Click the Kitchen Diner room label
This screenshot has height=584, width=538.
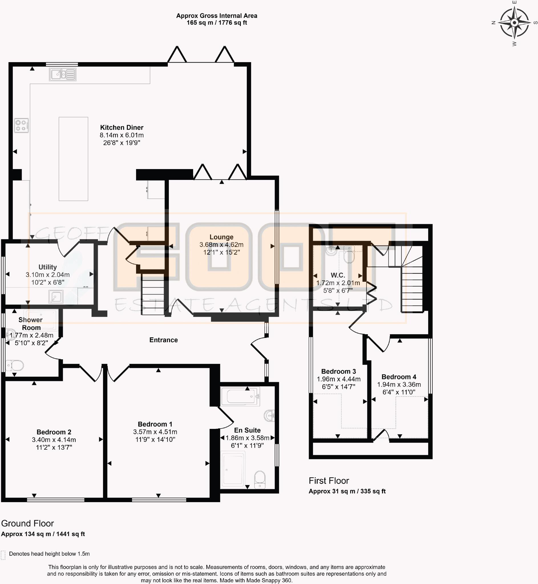coord(122,127)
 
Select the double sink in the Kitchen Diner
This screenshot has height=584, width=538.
coord(62,74)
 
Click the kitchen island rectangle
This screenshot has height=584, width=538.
coord(73,159)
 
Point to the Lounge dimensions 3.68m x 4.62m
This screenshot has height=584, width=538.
coord(221,245)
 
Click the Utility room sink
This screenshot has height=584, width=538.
coord(56,297)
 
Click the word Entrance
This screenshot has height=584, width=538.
coord(163,340)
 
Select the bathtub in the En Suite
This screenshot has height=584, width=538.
coord(240,396)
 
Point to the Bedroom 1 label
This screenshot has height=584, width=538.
coord(155,424)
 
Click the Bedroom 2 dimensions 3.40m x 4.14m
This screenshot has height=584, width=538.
coord(54,440)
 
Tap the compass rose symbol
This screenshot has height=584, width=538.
coord(514,23)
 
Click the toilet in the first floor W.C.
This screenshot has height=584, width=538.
coord(349,255)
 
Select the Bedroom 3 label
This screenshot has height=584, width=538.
coord(338,371)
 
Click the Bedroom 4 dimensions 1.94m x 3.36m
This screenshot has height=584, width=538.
coord(399,384)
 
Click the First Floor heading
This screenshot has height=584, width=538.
coord(329,481)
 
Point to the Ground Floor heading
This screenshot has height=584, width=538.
coord(27,524)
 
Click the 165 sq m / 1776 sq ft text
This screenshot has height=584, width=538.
coord(217,23)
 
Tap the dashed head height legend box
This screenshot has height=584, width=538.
coord(3,555)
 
